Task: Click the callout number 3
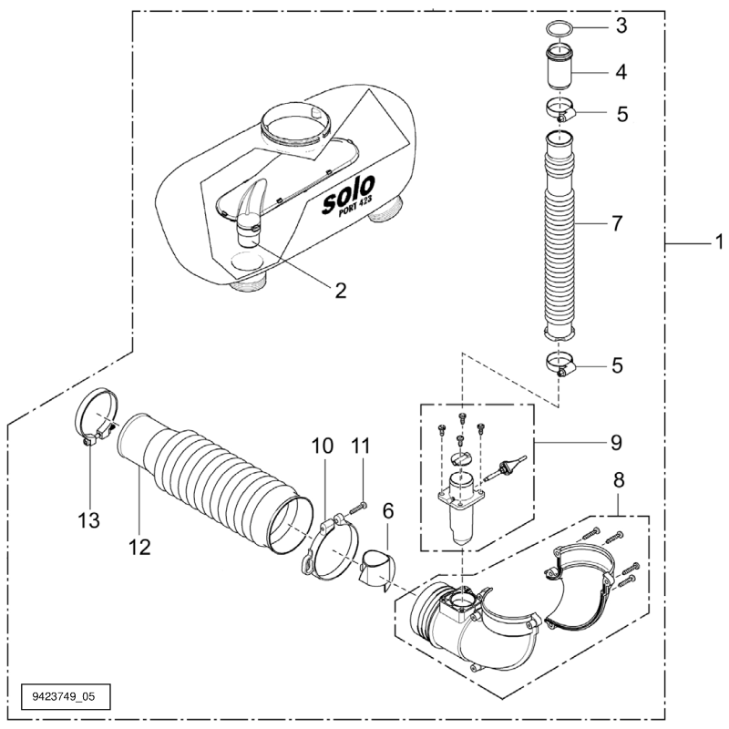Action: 622,26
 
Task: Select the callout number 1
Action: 718,243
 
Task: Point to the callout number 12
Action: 139,547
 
